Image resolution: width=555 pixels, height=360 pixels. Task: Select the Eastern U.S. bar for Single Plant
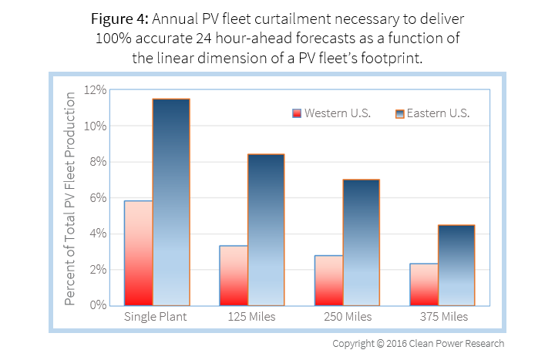point(171,202)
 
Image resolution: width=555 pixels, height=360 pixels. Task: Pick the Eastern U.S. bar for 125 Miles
point(266,230)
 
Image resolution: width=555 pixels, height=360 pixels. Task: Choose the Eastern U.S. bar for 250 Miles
point(361,242)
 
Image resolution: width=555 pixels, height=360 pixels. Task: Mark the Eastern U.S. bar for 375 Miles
point(456,265)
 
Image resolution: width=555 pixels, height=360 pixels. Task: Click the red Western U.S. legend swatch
point(297,113)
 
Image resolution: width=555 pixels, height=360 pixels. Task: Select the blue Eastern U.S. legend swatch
point(399,113)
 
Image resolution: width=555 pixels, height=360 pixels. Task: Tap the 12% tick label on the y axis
point(95,90)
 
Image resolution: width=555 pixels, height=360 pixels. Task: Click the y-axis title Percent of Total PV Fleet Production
point(70,197)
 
